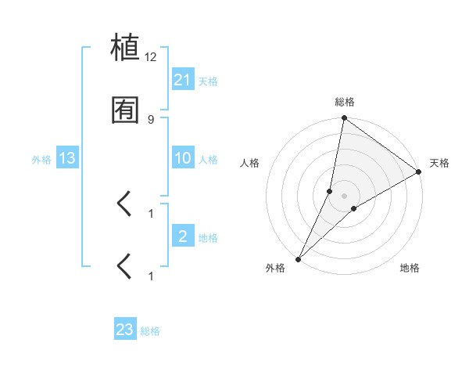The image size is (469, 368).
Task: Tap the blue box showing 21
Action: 183,80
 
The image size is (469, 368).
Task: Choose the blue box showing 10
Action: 183,158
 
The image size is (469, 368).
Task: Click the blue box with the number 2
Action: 183,236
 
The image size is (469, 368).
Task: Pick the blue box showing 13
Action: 67,158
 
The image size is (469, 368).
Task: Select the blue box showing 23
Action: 125,330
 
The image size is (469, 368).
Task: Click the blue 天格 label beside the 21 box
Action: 208,81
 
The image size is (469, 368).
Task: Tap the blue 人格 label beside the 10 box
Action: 208,160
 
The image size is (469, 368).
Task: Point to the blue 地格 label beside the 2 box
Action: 208,238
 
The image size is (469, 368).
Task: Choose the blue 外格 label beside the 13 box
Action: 41,160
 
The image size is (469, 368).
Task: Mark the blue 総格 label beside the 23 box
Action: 151,331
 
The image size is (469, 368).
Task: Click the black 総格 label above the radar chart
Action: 345,102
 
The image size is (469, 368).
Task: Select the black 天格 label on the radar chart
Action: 439,163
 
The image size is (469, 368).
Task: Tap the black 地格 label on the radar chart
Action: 410,268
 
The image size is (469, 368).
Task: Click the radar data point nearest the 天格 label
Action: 419,171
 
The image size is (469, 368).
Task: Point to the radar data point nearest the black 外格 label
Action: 299,258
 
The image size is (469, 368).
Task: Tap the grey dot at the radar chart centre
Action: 345,195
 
